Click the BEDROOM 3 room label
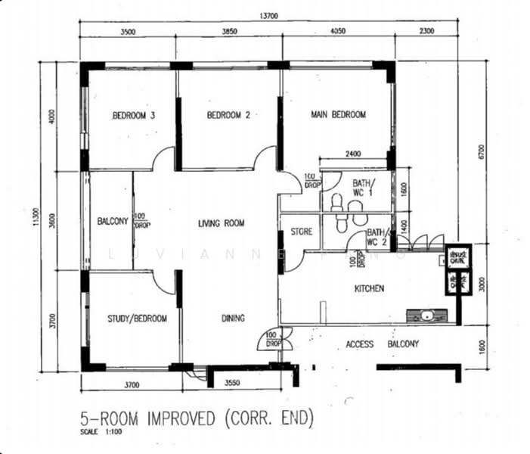pos(134,116)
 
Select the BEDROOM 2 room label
pos(228,116)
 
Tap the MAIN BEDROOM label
pos(338,115)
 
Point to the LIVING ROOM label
pos(222,223)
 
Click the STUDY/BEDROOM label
pos(137,319)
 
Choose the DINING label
pos(233,319)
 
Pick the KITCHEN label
pos(370,288)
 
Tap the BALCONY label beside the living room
pos(113,222)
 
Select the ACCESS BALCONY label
pos(382,344)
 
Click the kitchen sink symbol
pos(427,315)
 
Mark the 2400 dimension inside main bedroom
pos(353,154)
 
